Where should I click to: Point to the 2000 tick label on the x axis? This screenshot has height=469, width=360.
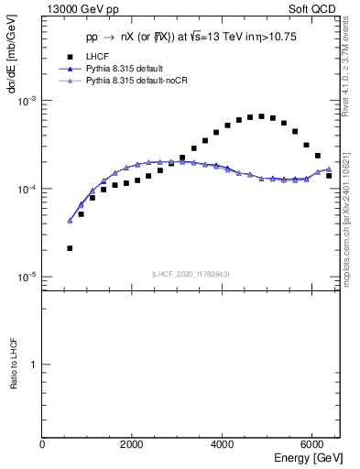click(132, 444)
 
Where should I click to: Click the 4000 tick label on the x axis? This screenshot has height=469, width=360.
click(223, 444)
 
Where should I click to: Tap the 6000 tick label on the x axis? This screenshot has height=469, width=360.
click(312, 444)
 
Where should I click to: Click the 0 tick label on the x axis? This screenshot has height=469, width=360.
click(42, 444)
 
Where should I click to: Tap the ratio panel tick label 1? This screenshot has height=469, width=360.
click(34, 365)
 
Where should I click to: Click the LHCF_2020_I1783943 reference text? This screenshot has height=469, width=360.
click(191, 274)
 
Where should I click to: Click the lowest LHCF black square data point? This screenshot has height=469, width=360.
click(70, 248)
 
